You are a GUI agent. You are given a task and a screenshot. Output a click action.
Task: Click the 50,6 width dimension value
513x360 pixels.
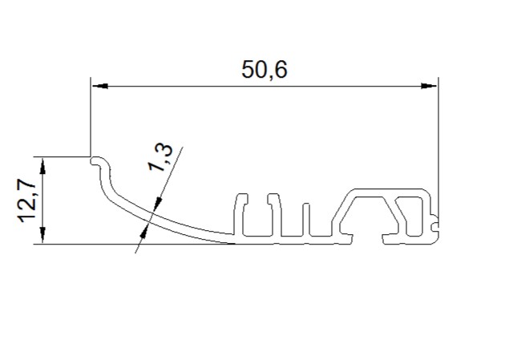point(265,70)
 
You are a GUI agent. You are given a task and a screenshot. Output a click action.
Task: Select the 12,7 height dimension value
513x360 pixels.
point(27,200)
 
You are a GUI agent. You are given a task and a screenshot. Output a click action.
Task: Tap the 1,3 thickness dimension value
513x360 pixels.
point(160,157)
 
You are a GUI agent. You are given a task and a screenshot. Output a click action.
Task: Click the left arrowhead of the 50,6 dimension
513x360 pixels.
point(100,87)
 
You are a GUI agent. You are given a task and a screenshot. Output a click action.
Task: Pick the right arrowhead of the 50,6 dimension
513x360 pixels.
point(429,86)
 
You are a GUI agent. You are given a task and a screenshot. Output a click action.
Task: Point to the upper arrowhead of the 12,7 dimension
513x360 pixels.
point(42,166)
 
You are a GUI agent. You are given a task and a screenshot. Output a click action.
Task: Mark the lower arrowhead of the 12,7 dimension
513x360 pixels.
point(42,235)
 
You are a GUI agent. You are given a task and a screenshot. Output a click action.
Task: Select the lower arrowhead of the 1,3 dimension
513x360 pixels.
point(143,231)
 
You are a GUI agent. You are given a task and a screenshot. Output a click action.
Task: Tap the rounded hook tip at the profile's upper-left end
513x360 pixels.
point(95,161)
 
